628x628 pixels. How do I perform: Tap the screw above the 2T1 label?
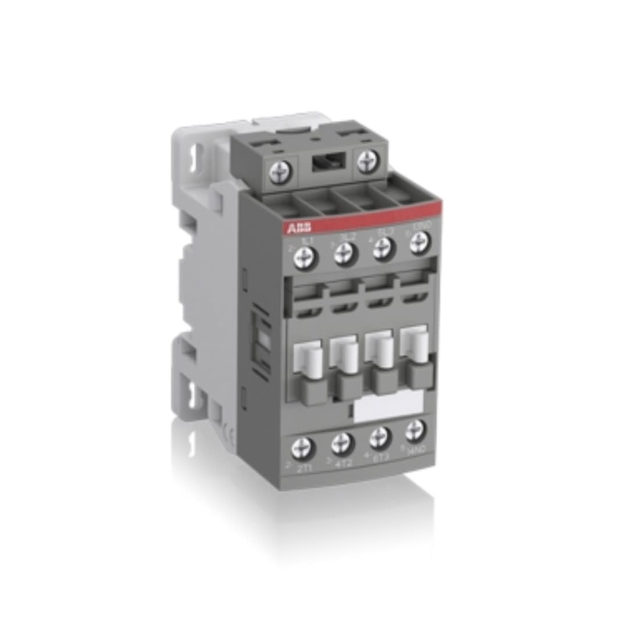(305, 448)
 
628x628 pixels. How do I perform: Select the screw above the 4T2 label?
(342, 444)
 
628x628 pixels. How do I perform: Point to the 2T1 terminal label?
(304, 468)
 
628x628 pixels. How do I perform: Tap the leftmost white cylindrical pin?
(311, 357)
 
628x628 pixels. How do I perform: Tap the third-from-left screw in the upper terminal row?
(382, 247)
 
